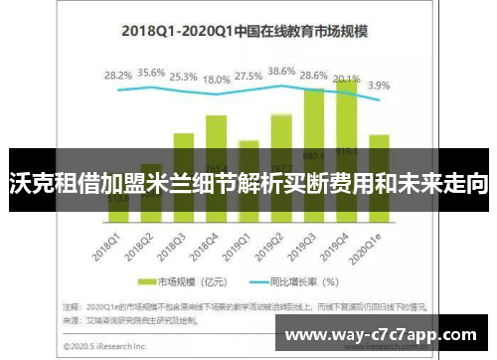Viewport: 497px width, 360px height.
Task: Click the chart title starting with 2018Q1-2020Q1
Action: coord(245,31)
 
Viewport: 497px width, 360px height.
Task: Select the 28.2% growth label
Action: coord(118,75)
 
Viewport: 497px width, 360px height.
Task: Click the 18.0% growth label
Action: coord(216,80)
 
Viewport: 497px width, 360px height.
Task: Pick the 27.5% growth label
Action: coord(248,76)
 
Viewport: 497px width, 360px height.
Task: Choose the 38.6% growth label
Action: coord(281,71)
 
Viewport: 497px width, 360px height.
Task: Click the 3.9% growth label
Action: coord(379,86)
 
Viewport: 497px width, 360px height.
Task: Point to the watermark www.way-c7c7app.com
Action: coord(389,333)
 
